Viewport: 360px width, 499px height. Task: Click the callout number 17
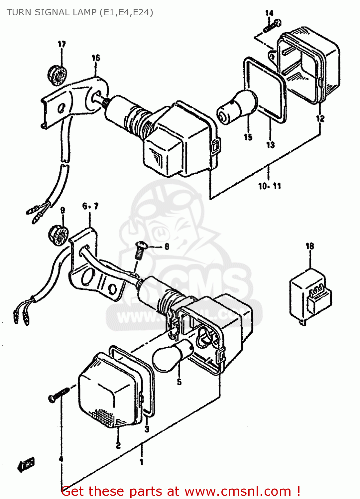tap(62, 44)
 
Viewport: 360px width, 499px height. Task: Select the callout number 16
tap(96, 58)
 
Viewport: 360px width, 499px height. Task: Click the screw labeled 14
tap(272, 26)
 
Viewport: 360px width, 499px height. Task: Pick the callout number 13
tap(270, 145)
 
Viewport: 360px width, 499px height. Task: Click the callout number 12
tap(320, 118)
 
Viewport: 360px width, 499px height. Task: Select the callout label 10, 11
tap(270, 186)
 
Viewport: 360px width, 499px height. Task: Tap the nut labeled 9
tap(59, 235)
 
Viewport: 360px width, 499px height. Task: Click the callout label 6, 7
tap(90, 206)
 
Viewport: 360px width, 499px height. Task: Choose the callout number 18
tap(309, 246)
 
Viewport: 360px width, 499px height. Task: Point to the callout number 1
tap(141, 462)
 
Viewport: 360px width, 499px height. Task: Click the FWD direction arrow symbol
tap(26, 464)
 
